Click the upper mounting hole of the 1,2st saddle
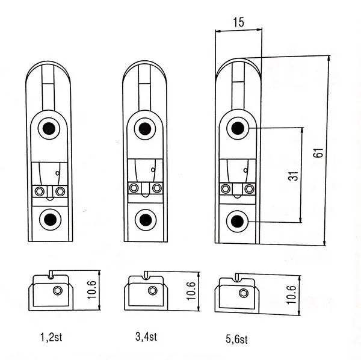(48, 128)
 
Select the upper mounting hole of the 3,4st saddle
(143, 128)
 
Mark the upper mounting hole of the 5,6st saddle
(238, 128)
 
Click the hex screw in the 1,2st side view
(58, 291)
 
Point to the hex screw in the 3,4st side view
(153, 291)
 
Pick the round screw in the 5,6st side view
(244, 293)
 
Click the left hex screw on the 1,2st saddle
(39, 191)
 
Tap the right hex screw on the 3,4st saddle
(157, 188)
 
